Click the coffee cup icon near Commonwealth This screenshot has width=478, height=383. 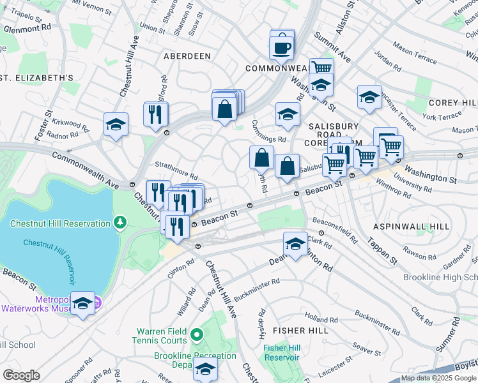coord(282,47)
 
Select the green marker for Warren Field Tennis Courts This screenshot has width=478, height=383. coord(197,334)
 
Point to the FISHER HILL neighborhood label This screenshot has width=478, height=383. coord(300,331)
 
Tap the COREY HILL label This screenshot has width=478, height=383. coord(453,103)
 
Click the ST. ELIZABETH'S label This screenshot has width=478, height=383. coord(37,78)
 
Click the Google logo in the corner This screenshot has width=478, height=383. coord(21,375)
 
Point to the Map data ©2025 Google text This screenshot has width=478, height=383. coord(438,378)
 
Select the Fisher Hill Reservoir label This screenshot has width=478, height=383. coord(281,352)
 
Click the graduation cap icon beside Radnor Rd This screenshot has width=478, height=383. coord(116,124)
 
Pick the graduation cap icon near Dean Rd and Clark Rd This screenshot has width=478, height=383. coord(295,244)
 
